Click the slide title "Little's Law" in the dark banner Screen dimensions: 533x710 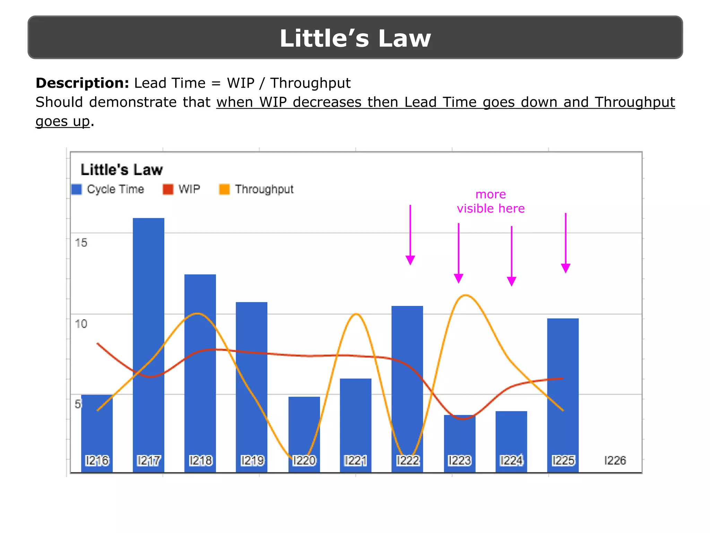[x=355, y=38]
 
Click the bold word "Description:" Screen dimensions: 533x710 [x=82, y=83]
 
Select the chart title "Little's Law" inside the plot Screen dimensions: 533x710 [x=121, y=170]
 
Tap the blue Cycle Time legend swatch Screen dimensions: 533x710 [x=76, y=189]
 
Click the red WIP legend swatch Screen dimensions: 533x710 [x=168, y=189]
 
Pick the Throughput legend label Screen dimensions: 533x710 [x=264, y=189]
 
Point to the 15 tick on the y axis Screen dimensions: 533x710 [x=81, y=243]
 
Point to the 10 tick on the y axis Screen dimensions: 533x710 [x=81, y=324]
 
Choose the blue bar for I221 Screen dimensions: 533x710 [x=355, y=416]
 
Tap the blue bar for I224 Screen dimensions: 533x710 [x=511, y=434]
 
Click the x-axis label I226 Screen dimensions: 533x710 [x=615, y=460]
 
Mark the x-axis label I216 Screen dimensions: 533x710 [x=97, y=460]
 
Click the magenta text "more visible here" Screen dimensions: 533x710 [x=491, y=201]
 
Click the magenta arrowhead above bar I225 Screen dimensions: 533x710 [x=565, y=268]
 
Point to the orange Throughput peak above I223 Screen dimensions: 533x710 [x=466, y=295]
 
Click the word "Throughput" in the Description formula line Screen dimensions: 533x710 [x=310, y=83]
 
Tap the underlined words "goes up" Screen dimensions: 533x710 [x=63, y=121]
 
